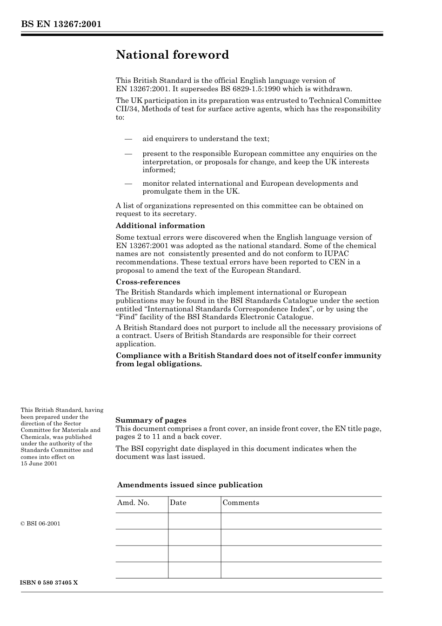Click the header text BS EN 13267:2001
point(61,24)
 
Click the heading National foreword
point(172,55)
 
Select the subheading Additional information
point(160,226)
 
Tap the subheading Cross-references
point(147,282)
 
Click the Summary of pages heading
point(151,420)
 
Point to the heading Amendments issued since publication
point(189,485)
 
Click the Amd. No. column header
point(133,503)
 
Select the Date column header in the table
point(178,503)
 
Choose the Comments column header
point(241,503)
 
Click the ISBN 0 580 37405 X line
point(49,583)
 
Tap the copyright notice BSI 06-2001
point(40,524)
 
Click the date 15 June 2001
point(39,464)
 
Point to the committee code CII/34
point(127,109)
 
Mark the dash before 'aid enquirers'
point(128,139)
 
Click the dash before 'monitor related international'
point(128,183)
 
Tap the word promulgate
point(162,191)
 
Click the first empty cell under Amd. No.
point(141,521)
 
